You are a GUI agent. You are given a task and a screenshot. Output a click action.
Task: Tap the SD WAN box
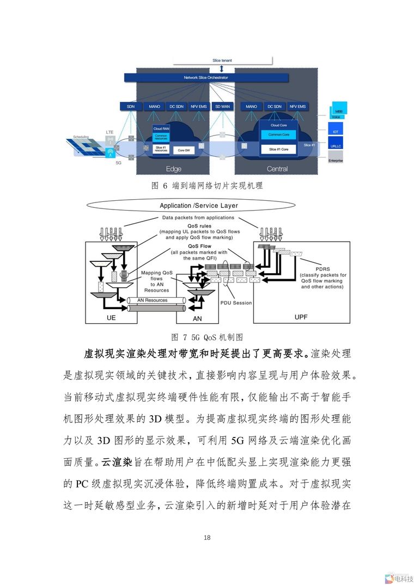tap(221, 106)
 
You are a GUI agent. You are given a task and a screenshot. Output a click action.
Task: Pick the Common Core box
tap(278, 134)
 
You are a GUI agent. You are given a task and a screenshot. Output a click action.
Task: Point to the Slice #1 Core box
tap(278, 149)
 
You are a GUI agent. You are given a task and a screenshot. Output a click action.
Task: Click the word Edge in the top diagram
tap(173, 169)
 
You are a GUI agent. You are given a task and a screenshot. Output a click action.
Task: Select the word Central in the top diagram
tap(277, 169)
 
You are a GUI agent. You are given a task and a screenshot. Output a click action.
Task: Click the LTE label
tap(109, 132)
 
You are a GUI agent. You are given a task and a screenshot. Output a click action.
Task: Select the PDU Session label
tap(236, 303)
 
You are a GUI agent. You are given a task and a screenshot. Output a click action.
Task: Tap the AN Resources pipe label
tap(152, 300)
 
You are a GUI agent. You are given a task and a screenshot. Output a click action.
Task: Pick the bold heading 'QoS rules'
tap(198, 225)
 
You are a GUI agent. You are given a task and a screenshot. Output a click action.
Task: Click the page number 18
tap(207, 538)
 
